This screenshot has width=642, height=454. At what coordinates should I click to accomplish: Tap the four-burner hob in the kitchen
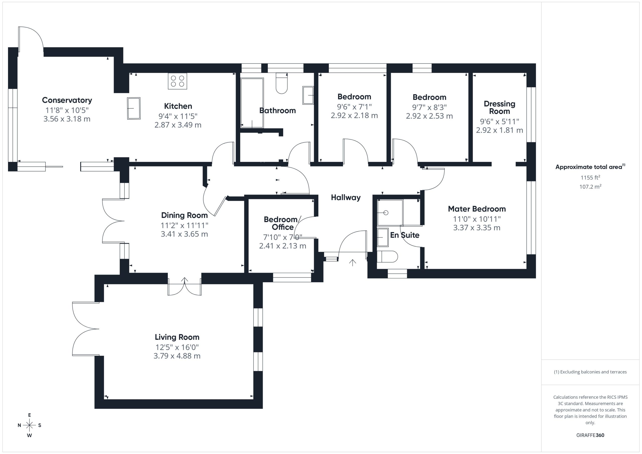coord(178,81)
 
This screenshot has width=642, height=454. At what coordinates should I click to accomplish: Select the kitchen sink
coord(134,108)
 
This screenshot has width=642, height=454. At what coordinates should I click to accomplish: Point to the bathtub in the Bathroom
coord(252,103)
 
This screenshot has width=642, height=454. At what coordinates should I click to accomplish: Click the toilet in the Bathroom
coord(282,83)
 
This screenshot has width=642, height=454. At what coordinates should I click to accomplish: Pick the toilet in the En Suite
coord(387,257)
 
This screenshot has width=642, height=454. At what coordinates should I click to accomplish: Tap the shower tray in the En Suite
coord(390,213)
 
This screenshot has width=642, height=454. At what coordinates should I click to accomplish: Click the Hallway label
coord(346,198)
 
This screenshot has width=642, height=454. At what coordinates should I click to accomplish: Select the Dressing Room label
coord(499,107)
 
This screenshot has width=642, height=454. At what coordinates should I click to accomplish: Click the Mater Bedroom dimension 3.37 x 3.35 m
coord(477,228)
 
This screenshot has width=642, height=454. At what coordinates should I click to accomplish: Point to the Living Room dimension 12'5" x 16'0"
coord(177,347)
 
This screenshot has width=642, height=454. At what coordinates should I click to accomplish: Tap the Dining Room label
coord(184,215)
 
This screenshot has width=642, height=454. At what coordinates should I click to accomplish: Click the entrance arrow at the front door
coord(353,263)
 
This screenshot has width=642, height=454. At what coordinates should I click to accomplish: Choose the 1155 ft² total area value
coord(590,177)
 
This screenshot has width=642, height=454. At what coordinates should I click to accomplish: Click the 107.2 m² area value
coord(590,186)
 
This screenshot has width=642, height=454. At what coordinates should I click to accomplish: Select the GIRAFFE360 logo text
coord(590,435)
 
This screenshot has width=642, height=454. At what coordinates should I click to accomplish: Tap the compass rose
coord(29,425)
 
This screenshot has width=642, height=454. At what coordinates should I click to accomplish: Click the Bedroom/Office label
coord(282,223)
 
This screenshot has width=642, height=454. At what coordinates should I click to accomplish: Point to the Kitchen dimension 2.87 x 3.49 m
coord(178,125)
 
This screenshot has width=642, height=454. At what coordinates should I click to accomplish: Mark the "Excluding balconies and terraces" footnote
coord(590,372)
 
